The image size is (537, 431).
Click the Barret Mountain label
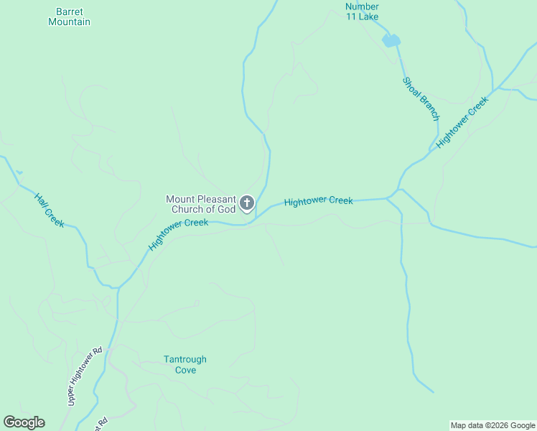tap(69, 17)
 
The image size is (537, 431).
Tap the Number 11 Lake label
tap(362, 11)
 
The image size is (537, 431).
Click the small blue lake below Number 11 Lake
tap(391, 40)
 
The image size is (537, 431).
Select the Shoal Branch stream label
tap(421, 98)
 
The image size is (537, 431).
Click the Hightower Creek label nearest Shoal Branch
tap(462, 121)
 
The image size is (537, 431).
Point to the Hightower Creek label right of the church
tap(318, 201)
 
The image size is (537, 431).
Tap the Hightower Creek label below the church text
tap(178, 234)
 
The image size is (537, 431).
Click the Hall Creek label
tap(49, 210)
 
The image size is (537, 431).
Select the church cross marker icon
tap(247, 203)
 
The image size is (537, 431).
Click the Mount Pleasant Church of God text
tap(201, 204)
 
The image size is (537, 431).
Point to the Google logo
tap(24, 422)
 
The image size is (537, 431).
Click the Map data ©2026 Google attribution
tap(492, 425)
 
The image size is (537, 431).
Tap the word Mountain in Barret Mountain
tap(69, 22)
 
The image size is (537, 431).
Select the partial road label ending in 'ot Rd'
tap(101, 424)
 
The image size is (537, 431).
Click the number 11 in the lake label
tap(352, 17)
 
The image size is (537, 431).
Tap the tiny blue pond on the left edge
tap(19, 172)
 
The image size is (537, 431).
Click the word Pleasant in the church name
tap(216, 199)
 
